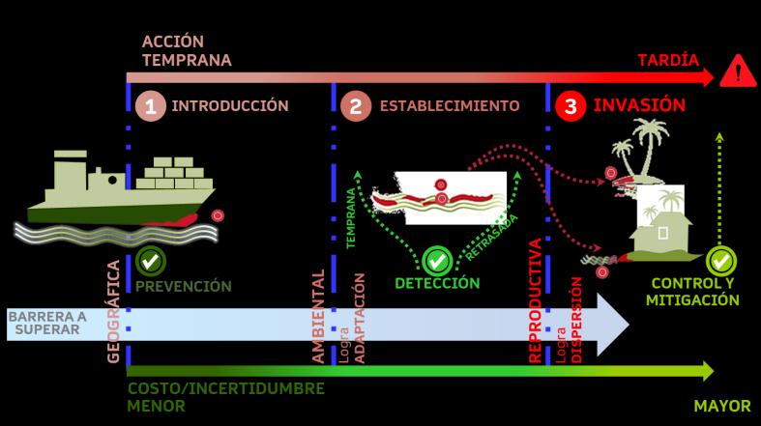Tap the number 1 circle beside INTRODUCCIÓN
point(150,106)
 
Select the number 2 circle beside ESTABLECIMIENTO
point(356,106)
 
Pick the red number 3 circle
point(571,106)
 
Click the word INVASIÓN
point(639,105)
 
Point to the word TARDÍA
point(667,60)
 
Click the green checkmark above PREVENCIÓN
point(149,260)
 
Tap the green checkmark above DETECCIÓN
point(436,260)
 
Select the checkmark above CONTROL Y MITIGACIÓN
point(719,260)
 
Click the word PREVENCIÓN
point(183,286)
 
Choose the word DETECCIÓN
point(437,283)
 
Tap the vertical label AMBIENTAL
point(318,317)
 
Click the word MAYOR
point(721,407)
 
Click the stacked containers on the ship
point(175,174)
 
